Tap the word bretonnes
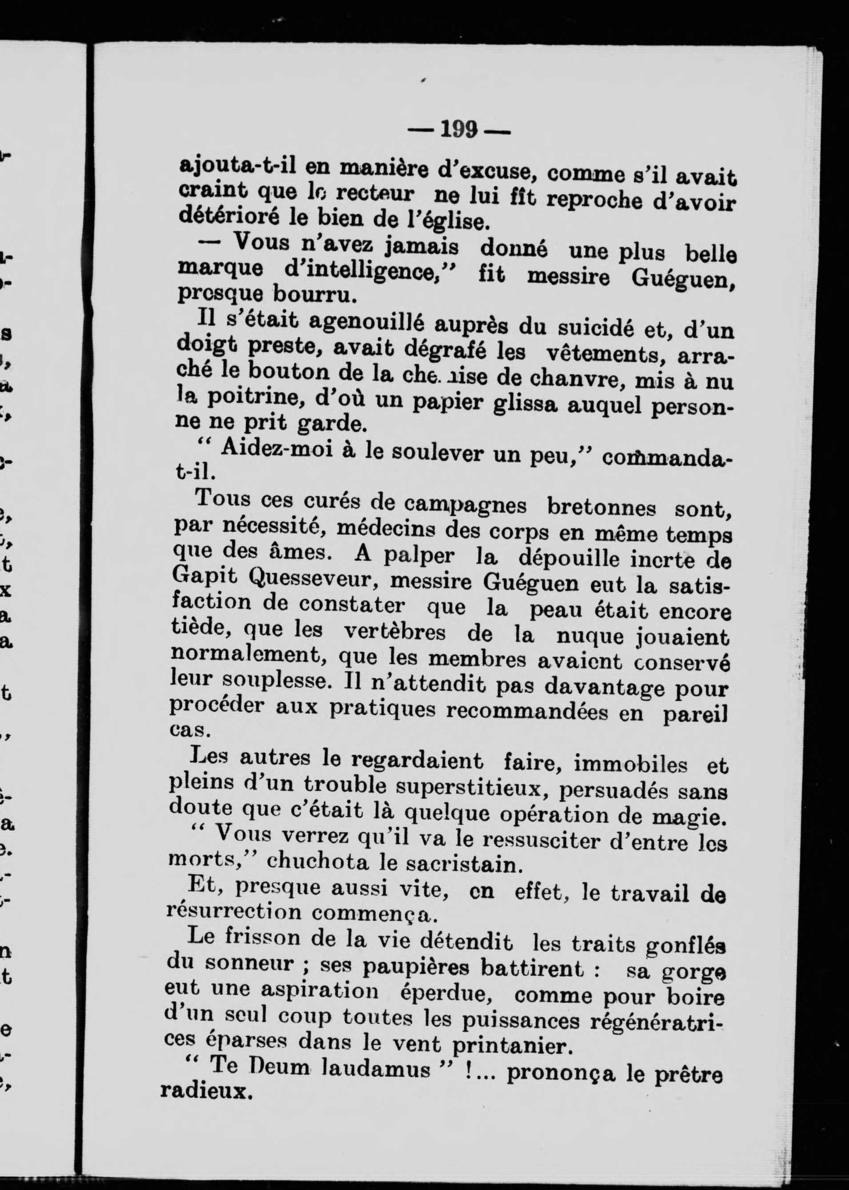601,508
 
